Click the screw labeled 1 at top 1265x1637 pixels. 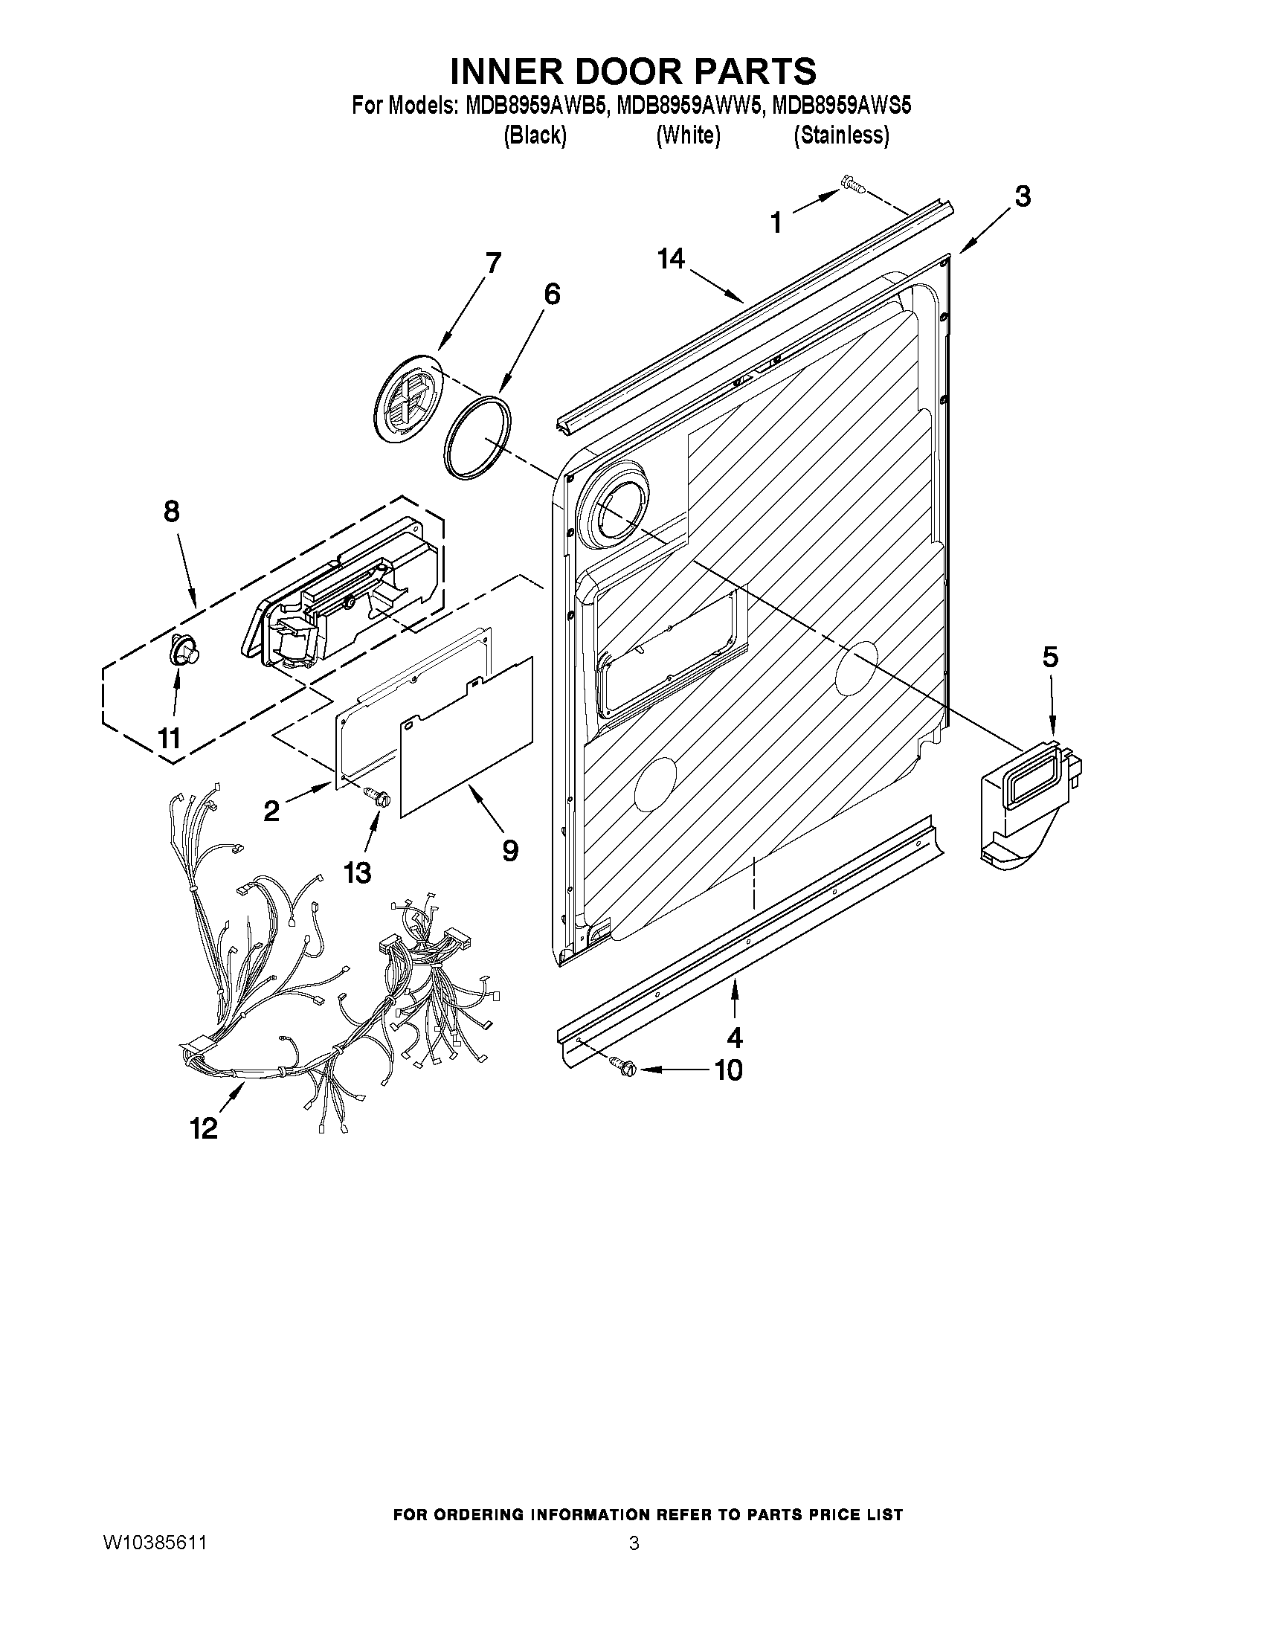coord(852,182)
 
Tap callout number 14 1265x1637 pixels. coord(671,259)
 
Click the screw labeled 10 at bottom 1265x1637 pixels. coord(623,1066)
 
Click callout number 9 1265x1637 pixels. coord(509,850)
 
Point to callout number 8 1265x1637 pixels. coord(172,511)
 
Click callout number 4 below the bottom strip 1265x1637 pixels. coord(735,1038)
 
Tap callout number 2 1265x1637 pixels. coord(271,810)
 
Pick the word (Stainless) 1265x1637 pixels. coord(841,135)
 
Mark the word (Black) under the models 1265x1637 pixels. coord(534,135)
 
